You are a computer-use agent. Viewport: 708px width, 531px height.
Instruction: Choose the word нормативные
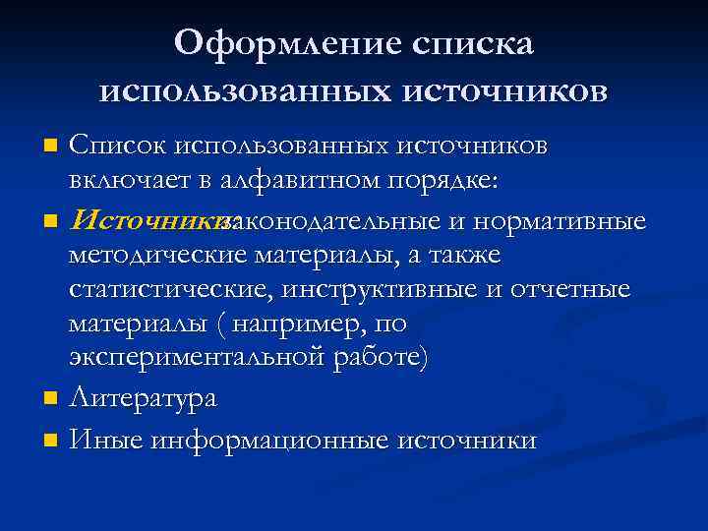(x=565, y=219)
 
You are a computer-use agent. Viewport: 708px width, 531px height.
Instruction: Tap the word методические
(x=159, y=257)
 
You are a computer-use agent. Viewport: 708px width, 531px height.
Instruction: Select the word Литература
(x=144, y=399)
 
